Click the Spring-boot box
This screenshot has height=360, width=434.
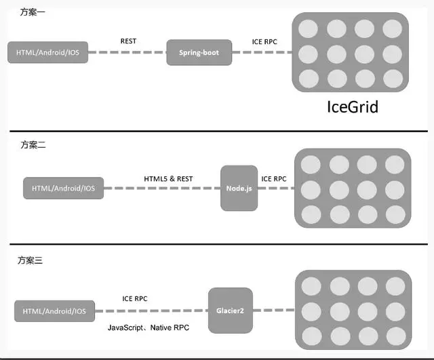point(199,52)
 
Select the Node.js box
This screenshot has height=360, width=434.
point(239,187)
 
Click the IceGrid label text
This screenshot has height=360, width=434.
point(352,107)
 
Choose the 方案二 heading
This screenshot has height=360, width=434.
point(32,144)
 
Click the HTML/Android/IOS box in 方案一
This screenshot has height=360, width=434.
point(47,53)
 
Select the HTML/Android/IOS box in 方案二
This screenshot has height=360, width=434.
point(64,188)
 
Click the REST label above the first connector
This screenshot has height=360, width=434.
point(128,41)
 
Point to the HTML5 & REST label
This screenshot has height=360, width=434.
point(168,179)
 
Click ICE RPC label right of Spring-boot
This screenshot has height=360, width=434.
point(264,41)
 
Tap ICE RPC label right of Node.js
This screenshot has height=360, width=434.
point(274,179)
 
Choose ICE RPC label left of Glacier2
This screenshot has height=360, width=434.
point(134,299)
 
